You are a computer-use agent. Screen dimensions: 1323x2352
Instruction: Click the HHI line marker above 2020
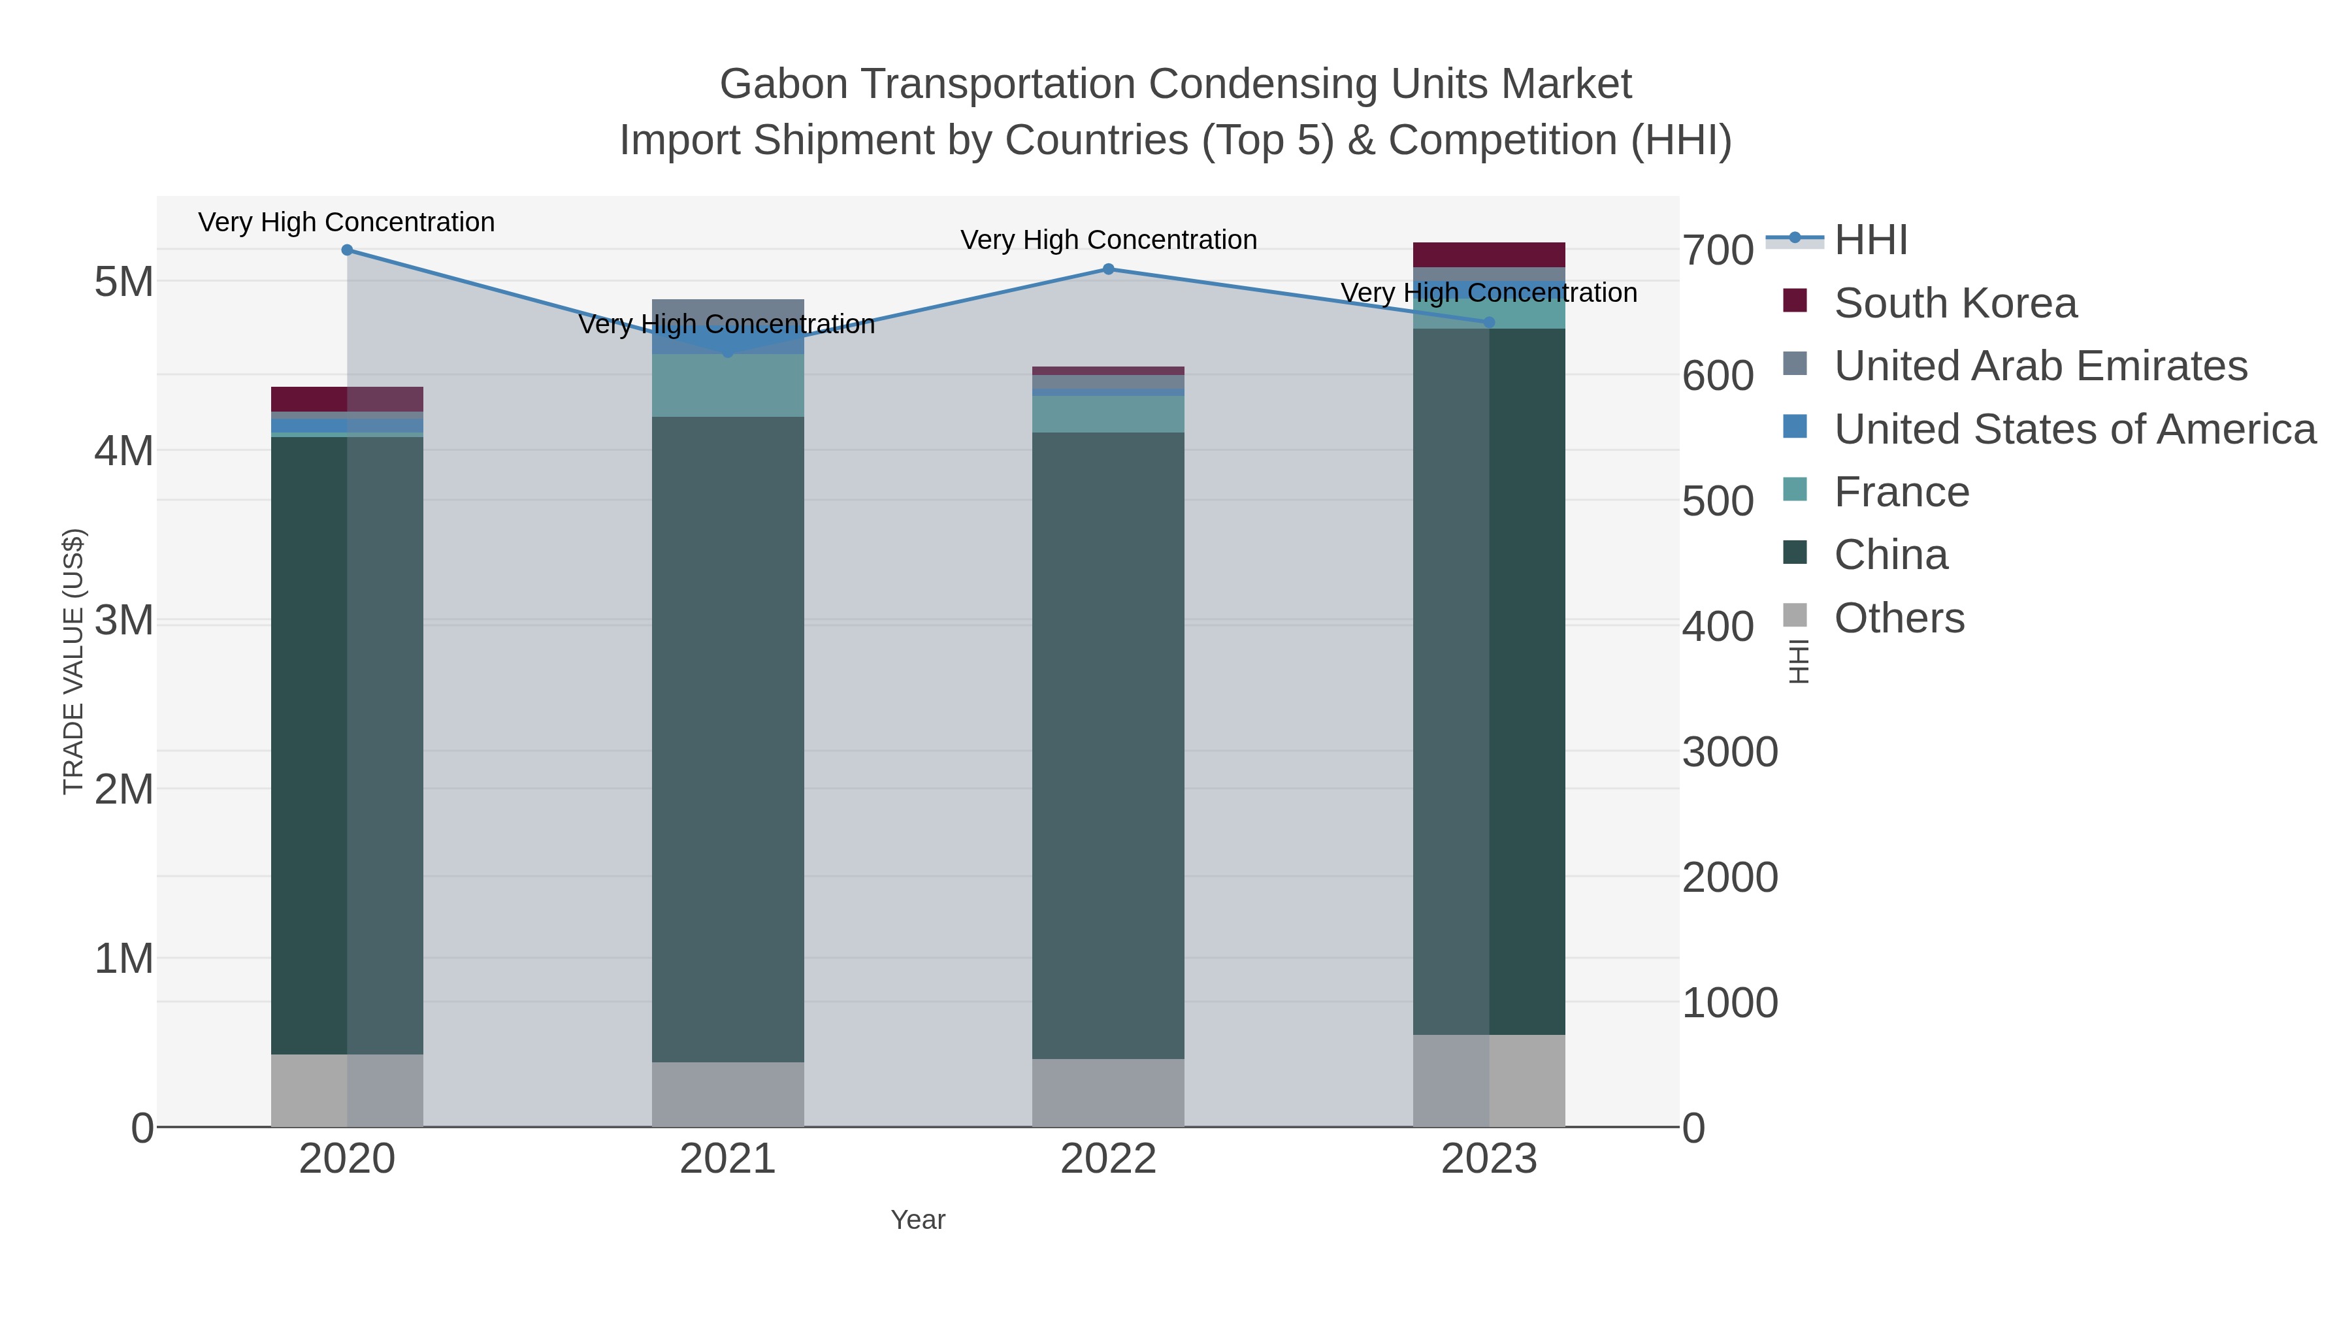pyautogui.click(x=347, y=250)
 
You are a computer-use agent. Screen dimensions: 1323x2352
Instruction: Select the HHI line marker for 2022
pyautogui.click(x=1109, y=269)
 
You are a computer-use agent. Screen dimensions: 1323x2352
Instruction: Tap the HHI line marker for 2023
pyautogui.click(x=1489, y=322)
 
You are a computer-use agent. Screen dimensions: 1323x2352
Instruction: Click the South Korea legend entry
pyautogui.click(x=1955, y=303)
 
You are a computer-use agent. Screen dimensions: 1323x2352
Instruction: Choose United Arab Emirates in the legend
pyautogui.click(x=2040, y=366)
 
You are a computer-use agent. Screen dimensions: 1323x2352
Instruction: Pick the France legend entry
pyautogui.click(x=1901, y=492)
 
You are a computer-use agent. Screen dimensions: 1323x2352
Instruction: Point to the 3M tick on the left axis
pyautogui.click(x=124, y=621)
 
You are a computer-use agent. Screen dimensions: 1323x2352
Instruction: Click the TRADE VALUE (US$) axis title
pyautogui.click(x=73, y=661)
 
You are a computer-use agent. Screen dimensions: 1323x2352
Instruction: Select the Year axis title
pyautogui.click(x=918, y=1220)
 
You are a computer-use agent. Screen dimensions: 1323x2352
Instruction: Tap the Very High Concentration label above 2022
pyautogui.click(x=1109, y=240)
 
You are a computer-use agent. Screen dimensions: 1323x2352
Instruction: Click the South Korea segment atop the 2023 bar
pyautogui.click(x=1489, y=255)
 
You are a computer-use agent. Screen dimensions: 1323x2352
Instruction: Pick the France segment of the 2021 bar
pyautogui.click(x=728, y=385)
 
